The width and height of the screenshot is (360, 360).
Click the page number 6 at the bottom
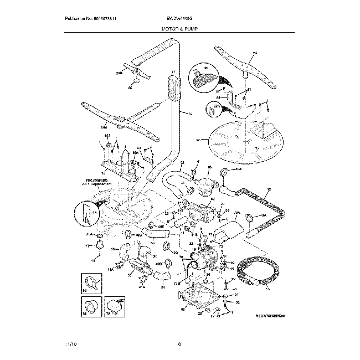[x=180, y=344]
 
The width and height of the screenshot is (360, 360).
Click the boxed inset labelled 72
[x=114, y=306]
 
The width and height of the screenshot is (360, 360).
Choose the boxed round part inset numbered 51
[x=90, y=306]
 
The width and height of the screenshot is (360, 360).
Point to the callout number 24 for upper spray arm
[x=255, y=54]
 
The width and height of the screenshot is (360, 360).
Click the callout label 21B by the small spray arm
[x=118, y=71]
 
